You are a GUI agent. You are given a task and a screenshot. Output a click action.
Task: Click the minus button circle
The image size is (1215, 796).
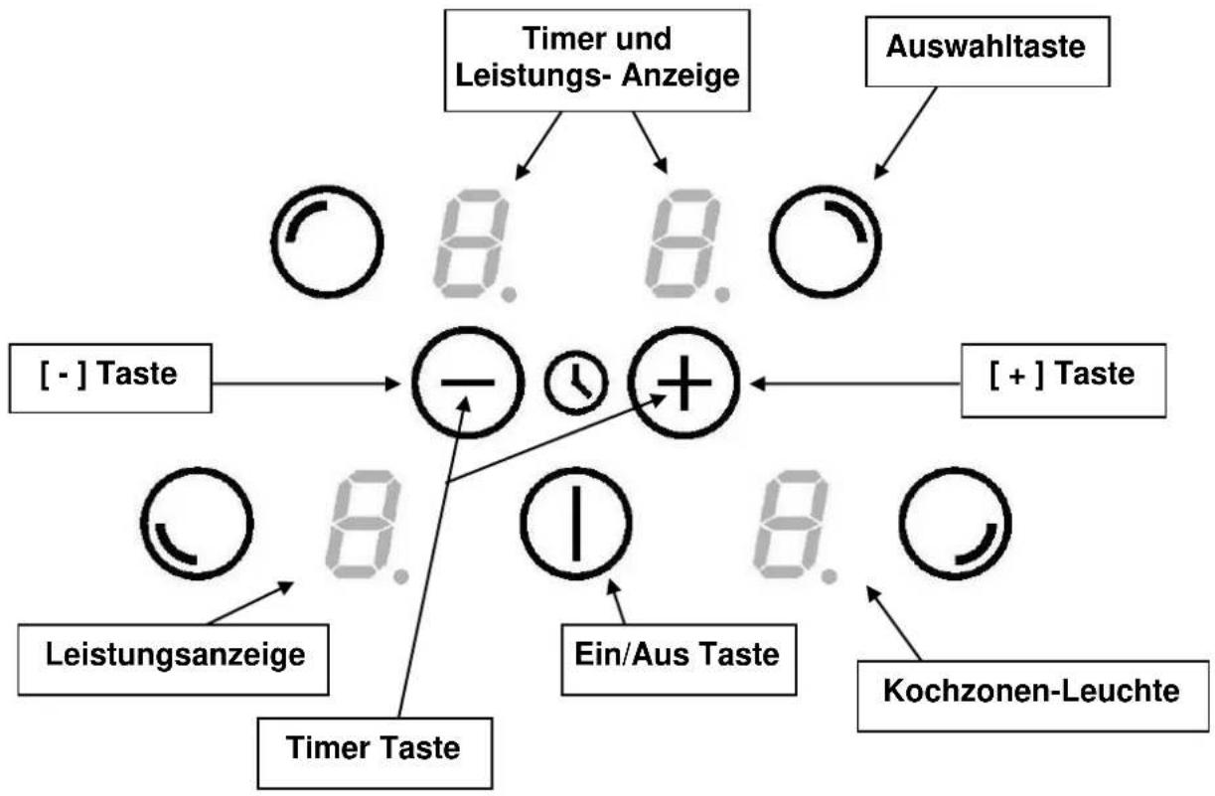pyautogui.click(x=468, y=328)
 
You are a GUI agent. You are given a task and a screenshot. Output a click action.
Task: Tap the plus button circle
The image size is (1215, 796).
pyautogui.click(x=683, y=328)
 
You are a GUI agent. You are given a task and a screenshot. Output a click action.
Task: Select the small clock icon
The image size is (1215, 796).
pyautogui.click(x=576, y=383)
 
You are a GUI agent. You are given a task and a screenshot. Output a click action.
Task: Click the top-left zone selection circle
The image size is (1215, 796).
pyautogui.click(x=327, y=187)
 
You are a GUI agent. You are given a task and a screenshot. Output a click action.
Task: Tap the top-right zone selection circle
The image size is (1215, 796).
pyautogui.click(x=825, y=187)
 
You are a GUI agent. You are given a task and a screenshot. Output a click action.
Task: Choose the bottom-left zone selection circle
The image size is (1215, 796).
pyautogui.click(x=197, y=469)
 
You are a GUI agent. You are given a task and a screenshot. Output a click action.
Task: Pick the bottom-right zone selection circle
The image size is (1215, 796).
pyautogui.click(x=955, y=469)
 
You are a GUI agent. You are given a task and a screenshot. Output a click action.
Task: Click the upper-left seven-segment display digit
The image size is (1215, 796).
pyautogui.click(x=471, y=243)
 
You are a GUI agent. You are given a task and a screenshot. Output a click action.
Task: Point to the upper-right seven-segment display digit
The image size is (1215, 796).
pyautogui.click(x=683, y=243)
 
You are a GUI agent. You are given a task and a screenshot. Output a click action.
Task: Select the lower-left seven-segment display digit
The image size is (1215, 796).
pyautogui.click(x=363, y=524)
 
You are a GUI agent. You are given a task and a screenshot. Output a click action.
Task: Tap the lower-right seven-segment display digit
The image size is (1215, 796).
pyautogui.click(x=791, y=524)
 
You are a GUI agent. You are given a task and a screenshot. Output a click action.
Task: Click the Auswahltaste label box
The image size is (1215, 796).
pyautogui.click(x=987, y=52)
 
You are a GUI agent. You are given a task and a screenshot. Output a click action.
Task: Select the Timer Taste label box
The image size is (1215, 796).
pyautogui.click(x=375, y=753)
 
